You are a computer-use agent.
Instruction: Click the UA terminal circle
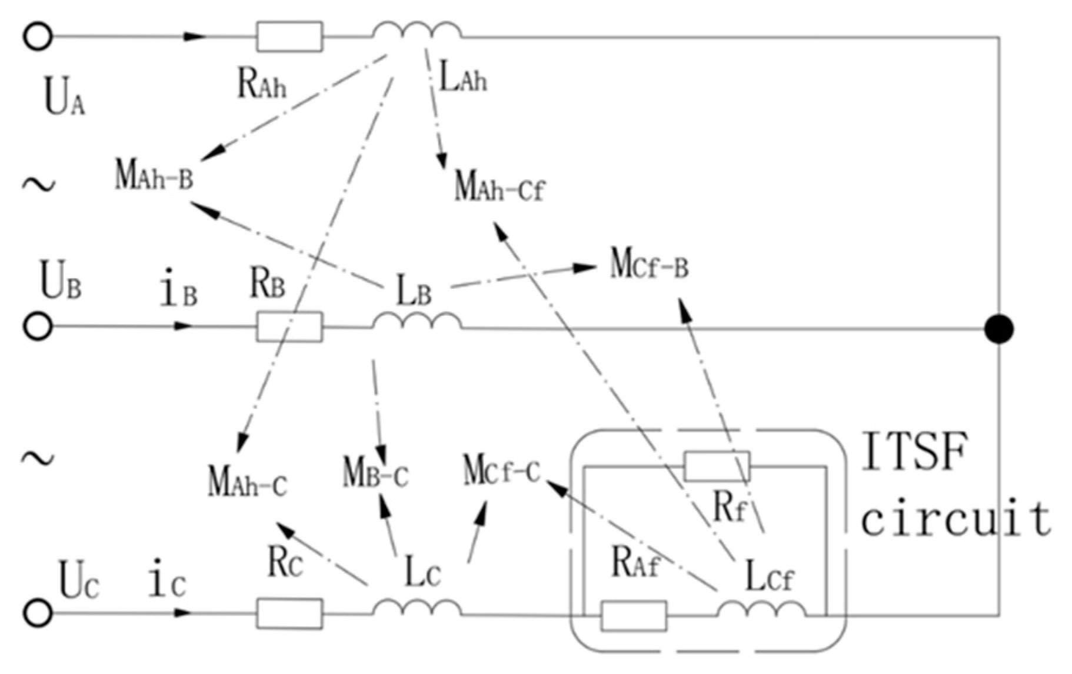(38, 36)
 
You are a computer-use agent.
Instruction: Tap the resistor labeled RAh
(289, 36)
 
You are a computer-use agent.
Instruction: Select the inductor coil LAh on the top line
(417, 31)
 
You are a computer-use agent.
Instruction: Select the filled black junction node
(998, 328)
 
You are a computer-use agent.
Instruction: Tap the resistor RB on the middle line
(289, 326)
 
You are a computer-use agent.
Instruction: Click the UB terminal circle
(38, 326)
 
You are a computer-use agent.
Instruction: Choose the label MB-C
(375, 473)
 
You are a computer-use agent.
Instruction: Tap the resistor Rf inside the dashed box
(717, 466)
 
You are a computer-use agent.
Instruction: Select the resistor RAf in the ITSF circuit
(634, 615)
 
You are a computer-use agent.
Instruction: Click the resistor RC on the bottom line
(289, 613)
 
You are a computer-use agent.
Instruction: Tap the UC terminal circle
(38, 613)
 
